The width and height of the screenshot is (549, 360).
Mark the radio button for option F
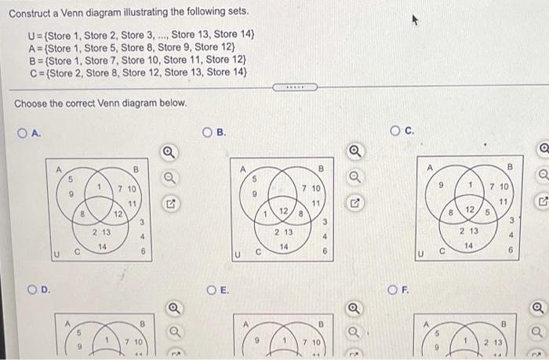click(398, 289)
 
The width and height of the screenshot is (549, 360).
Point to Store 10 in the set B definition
click(151, 60)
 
